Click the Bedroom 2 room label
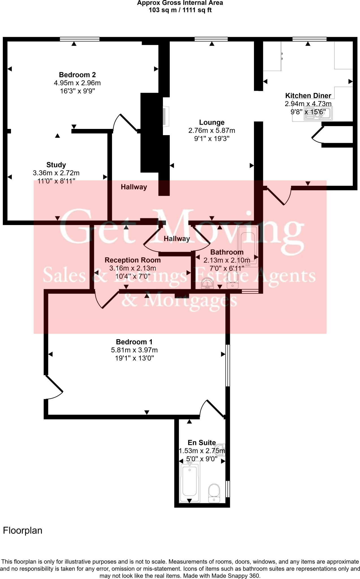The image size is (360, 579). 77,75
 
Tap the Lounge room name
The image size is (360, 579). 212,122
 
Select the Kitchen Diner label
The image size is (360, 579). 308,96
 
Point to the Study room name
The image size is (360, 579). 56,165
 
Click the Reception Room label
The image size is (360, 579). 133,260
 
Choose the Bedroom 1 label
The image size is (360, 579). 134,342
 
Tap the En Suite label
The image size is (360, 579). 202,443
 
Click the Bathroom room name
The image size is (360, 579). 227,252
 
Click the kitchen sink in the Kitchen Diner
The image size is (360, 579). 318,114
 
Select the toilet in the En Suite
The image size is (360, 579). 214,493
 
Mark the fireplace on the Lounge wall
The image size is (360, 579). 166,116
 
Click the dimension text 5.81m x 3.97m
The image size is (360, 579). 134,350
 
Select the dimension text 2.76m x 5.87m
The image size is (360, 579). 212,131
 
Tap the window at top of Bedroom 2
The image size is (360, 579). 79,39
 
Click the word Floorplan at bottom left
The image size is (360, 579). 23,530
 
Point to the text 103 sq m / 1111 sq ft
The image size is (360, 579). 180,10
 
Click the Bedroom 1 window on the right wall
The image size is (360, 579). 228,365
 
